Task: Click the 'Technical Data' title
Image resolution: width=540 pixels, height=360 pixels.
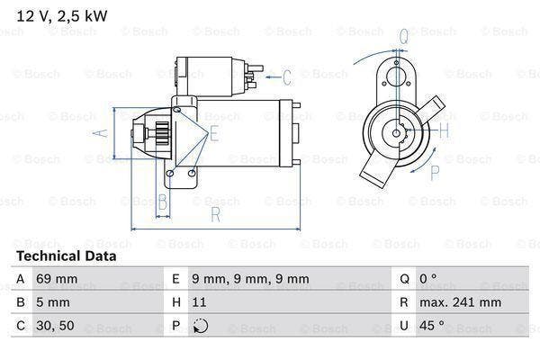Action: [x=66, y=256]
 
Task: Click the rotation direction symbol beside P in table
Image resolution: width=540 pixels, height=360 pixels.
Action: [x=201, y=327]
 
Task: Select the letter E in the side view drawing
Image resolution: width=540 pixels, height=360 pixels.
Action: [x=213, y=135]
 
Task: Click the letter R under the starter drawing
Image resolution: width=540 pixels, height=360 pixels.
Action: [x=217, y=215]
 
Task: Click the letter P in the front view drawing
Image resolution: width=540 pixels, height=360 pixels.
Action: [x=435, y=173]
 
